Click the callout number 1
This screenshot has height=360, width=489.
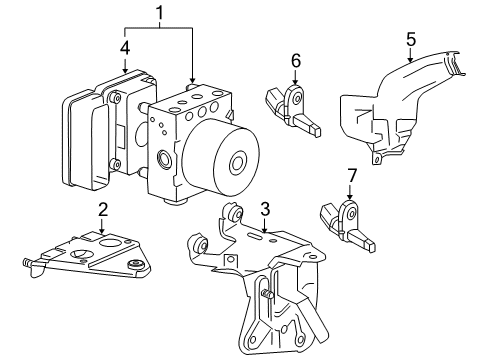pos(160,13)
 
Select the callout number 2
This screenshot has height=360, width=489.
pos(103,210)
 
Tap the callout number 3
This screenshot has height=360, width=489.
pos(265,210)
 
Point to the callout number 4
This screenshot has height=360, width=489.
pos(125,48)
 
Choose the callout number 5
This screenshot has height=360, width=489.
pos(411,39)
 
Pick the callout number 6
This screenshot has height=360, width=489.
pos(296,61)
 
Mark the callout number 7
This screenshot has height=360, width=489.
pos(352,176)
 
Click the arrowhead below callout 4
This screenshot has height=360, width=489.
pos(125,70)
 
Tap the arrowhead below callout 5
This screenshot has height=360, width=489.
pos(411,59)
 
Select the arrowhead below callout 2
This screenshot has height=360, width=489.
pos(102,230)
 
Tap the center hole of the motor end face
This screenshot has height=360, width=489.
pos(238,163)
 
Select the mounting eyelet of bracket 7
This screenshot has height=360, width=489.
pos(351,214)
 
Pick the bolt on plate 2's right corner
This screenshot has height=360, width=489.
pos(137,264)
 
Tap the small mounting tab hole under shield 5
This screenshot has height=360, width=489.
pos(377,159)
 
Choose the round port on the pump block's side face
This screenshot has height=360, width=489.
pos(164,157)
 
